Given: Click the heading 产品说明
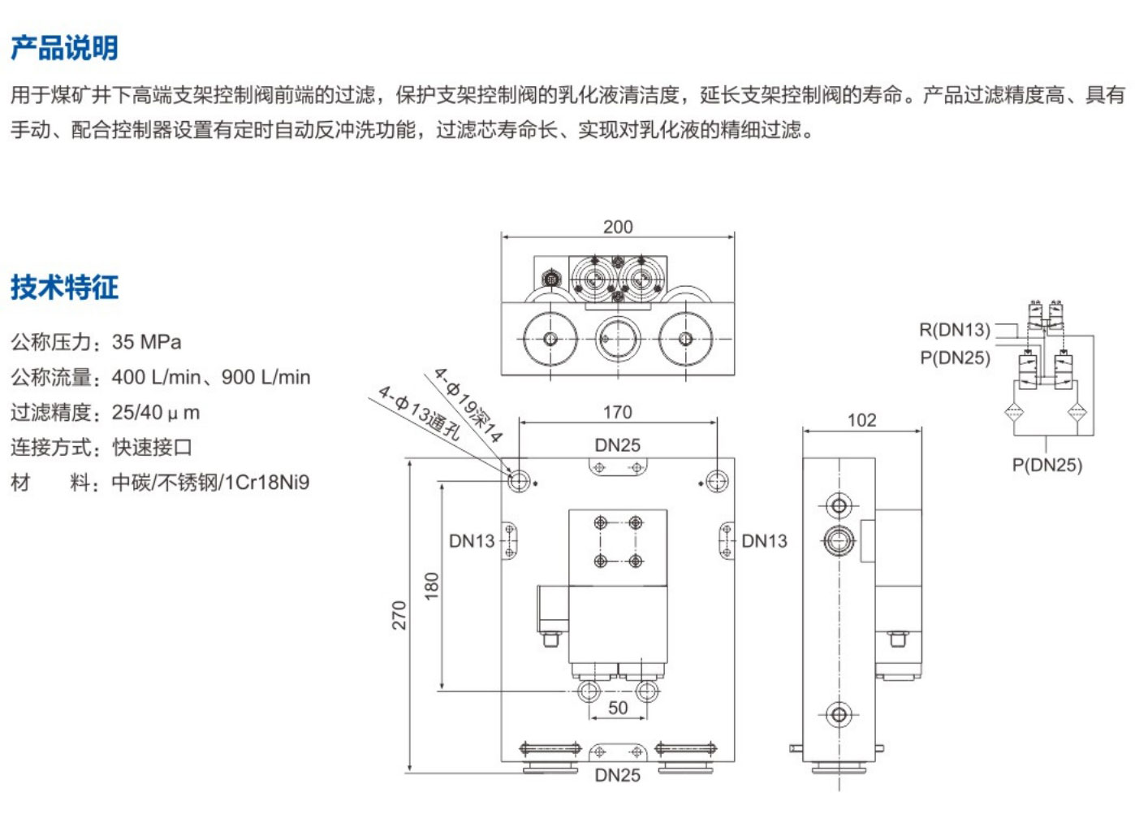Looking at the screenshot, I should [x=64, y=48].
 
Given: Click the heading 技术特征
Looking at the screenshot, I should [x=64, y=287].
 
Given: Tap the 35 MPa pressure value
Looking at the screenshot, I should [x=146, y=342].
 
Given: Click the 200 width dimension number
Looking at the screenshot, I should [x=617, y=227].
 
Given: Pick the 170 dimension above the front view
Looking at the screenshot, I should [x=617, y=412].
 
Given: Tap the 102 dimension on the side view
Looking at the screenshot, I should [x=861, y=420].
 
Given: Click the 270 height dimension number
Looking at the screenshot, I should [x=399, y=615].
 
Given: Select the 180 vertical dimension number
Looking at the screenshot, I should [x=431, y=585].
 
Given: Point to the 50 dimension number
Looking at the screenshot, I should [x=618, y=708].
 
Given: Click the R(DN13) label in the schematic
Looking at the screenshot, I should [x=954, y=330].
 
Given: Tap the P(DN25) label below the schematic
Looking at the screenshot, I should [x=1047, y=465].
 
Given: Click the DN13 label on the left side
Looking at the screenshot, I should [x=472, y=541].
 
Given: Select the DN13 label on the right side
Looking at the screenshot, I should [x=764, y=541].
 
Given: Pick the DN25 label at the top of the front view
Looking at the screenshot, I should [x=617, y=445].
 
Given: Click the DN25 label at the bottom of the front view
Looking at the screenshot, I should [x=617, y=775].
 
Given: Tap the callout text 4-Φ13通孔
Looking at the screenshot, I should [x=418, y=413].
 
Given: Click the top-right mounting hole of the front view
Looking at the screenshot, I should [x=716, y=481].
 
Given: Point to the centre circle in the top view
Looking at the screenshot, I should [x=617, y=338].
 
